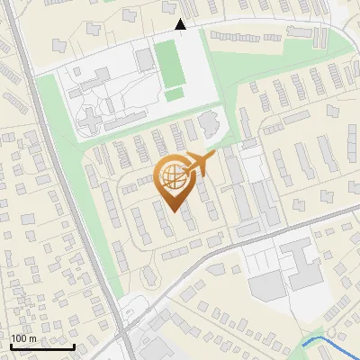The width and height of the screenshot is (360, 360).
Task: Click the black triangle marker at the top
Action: [x=181, y=25]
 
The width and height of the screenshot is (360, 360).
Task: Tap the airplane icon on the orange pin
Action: [x=199, y=164]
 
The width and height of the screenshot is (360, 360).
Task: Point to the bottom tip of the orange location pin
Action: [x=174, y=211]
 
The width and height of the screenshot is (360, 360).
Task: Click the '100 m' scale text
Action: [x=22, y=338]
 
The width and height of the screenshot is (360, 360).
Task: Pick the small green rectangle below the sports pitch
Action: [x=174, y=94]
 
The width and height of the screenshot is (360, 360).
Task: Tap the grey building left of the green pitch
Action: [x=144, y=60]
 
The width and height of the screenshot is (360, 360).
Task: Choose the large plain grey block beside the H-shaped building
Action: [x=267, y=287]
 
